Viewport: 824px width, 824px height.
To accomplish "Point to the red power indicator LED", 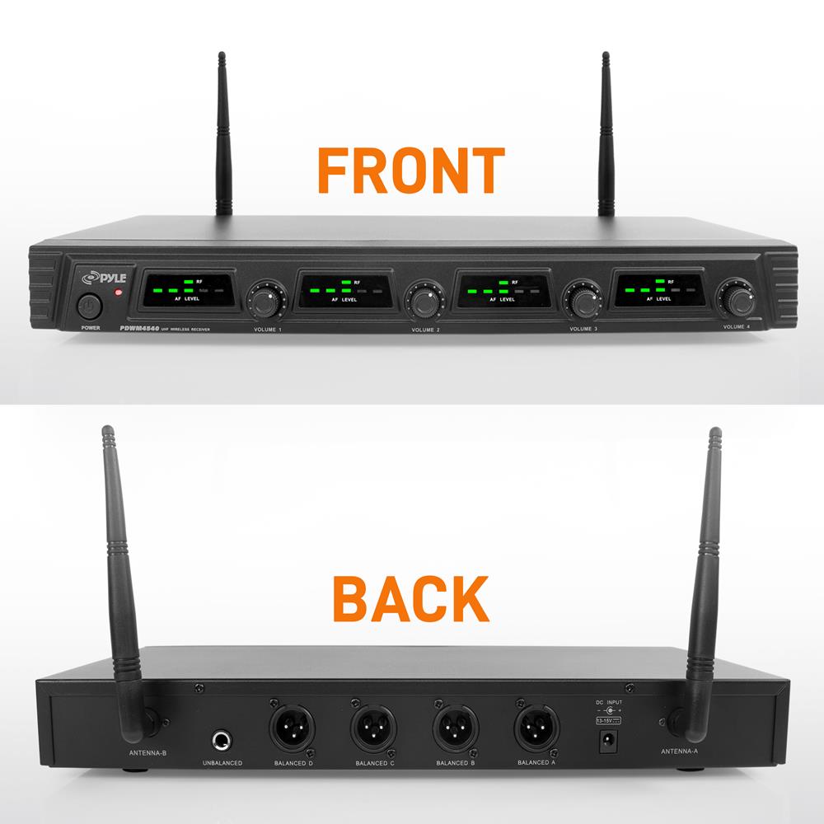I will [119, 293].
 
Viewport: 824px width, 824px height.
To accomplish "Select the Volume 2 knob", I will [424, 300].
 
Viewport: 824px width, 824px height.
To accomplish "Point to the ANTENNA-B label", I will [148, 753].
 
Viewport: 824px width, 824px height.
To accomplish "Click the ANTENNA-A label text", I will [681, 751].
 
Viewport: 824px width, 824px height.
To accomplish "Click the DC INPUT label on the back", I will [609, 701].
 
